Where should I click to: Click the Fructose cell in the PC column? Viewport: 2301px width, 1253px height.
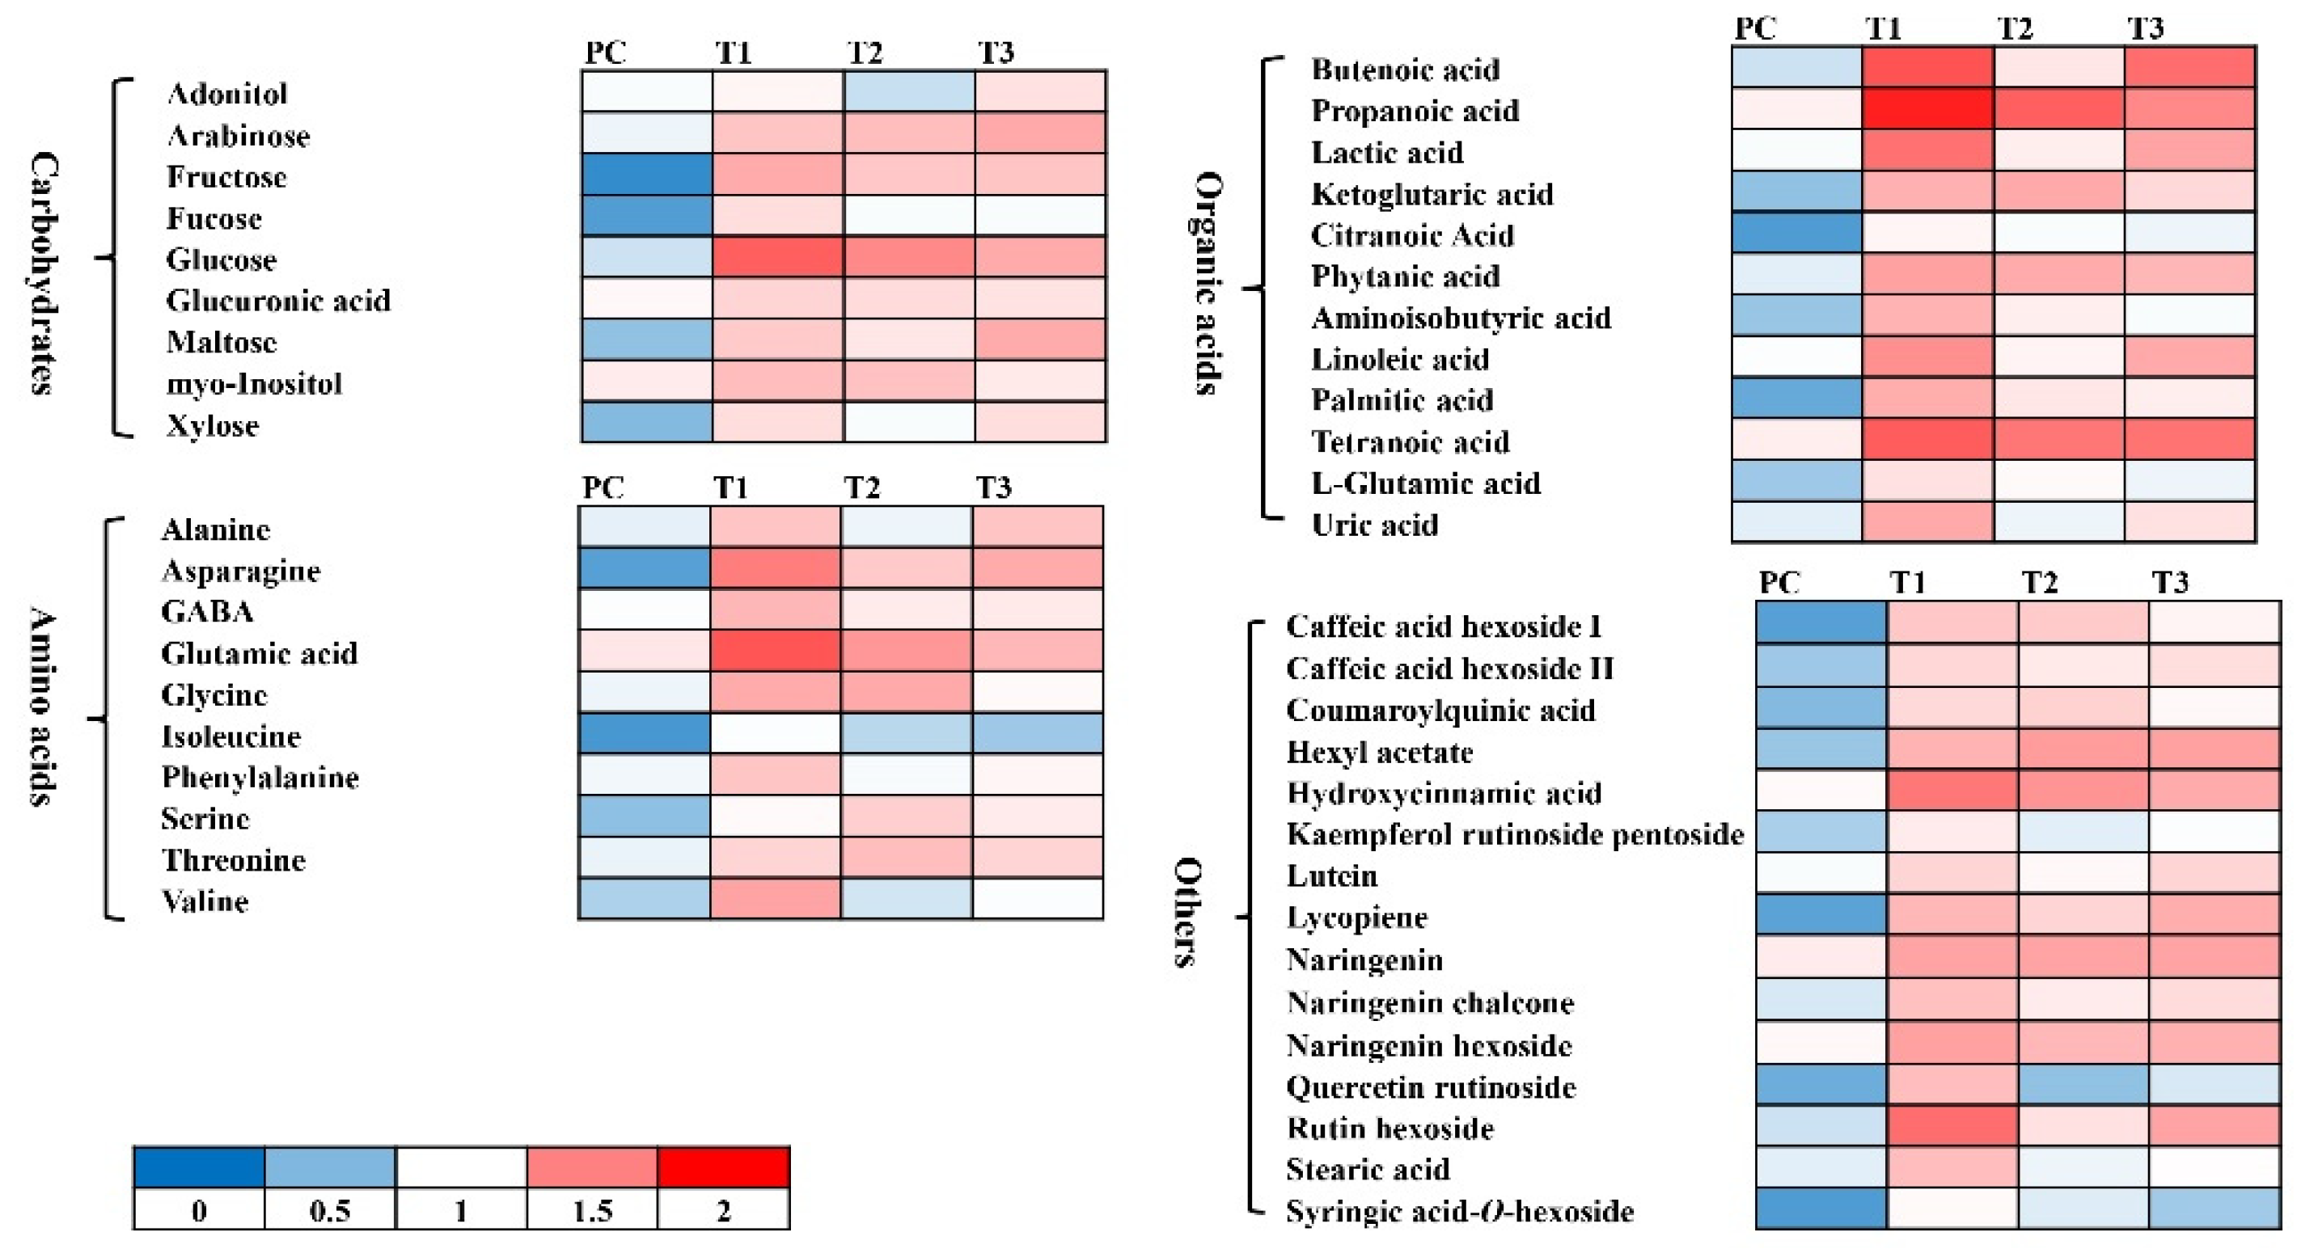click(x=647, y=174)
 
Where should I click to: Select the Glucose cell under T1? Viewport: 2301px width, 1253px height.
click(x=777, y=257)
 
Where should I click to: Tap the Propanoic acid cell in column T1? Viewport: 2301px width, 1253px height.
click(x=1927, y=109)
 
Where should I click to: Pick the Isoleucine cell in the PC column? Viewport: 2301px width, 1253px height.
click(x=644, y=734)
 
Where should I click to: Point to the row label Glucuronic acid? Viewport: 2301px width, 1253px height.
click(x=277, y=301)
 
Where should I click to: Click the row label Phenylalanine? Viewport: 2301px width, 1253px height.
click(x=260, y=777)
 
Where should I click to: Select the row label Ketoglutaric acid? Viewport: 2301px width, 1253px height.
click(x=1432, y=194)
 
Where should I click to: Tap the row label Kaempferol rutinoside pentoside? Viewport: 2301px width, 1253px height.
click(x=1514, y=834)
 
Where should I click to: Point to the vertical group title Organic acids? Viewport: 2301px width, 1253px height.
click(x=1209, y=283)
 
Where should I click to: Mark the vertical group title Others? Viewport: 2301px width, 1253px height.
click(x=1187, y=912)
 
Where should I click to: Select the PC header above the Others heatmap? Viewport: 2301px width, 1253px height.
click(x=1779, y=582)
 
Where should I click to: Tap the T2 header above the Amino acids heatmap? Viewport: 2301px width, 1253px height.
click(x=862, y=487)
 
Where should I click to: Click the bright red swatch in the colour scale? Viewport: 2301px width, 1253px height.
click(x=724, y=1167)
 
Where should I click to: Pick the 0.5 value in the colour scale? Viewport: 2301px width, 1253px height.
click(x=330, y=1210)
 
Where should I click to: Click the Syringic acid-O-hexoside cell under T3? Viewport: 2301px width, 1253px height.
click(x=2214, y=1209)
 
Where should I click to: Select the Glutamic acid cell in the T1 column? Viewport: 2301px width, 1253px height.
click(x=776, y=651)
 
